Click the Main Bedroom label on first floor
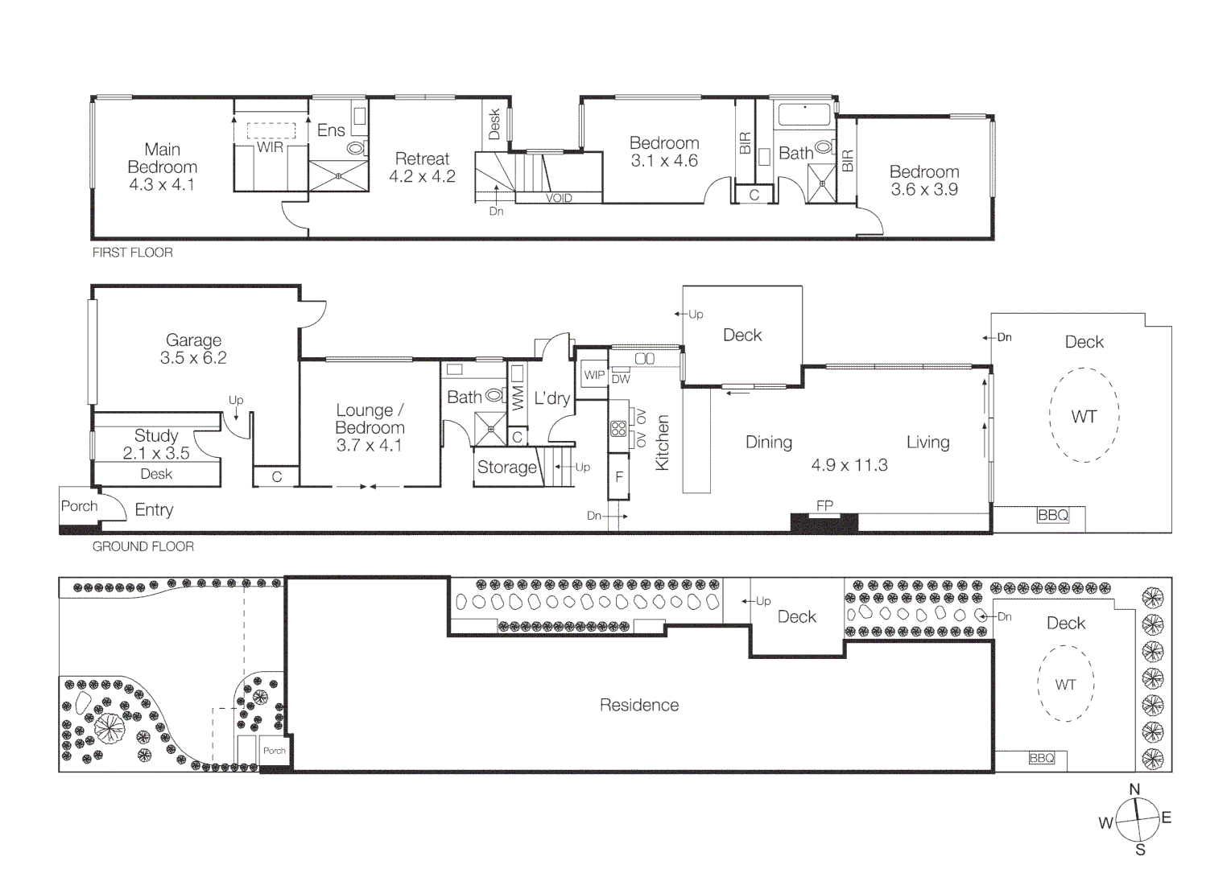[162, 159]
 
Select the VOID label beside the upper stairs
[559, 198]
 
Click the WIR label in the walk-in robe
[270, 147]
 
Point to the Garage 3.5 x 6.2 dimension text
[193, 358]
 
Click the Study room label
[156, 436]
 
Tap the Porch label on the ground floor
[79, 506]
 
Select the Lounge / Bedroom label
[370, 419]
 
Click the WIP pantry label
[594, 375]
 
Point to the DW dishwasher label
[621, 379]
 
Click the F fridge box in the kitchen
[618, 477]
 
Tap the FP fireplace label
[824, 505]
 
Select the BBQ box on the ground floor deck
[1052, 515]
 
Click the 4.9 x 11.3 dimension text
[849, 465]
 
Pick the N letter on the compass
[1134, 789]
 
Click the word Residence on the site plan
[639, 706]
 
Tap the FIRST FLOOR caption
[132, 253]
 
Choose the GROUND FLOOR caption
[143, 546]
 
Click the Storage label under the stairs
[506, 467]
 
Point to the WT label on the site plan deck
[1065, 685]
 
